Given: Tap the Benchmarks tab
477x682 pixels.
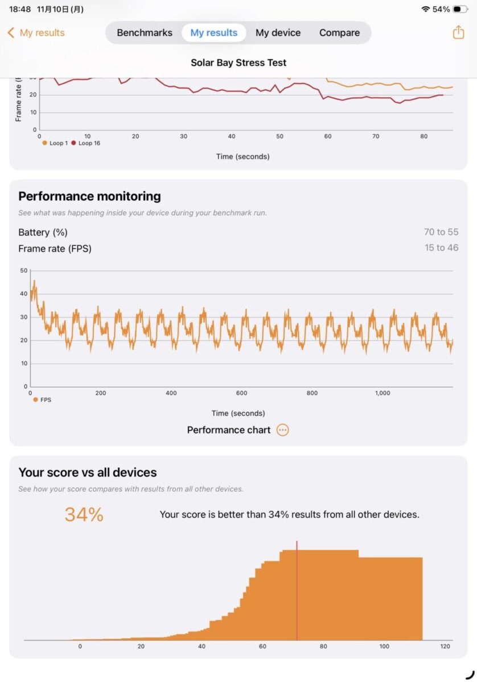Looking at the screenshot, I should [145, 33].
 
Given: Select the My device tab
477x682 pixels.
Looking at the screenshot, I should [278, 33].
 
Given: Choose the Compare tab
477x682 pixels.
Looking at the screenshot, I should [339, 33].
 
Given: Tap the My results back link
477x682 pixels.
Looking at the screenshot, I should [36, 33].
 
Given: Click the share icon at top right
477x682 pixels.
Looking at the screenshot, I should [458, 32].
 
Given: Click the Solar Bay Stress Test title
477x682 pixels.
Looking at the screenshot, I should [238, 63].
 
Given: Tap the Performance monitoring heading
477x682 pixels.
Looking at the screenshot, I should [89, 196].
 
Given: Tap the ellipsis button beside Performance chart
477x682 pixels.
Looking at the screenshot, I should [282, 430].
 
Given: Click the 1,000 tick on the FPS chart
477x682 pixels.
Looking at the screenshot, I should [383, 393].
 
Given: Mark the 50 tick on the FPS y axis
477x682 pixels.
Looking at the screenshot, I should [23, 271].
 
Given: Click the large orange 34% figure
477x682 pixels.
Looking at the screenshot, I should [84, 515].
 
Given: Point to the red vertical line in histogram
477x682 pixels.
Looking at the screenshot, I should [297, 591].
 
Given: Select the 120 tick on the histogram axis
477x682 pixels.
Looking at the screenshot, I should [445, 647].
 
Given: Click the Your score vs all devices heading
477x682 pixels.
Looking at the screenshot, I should [87, 472].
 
